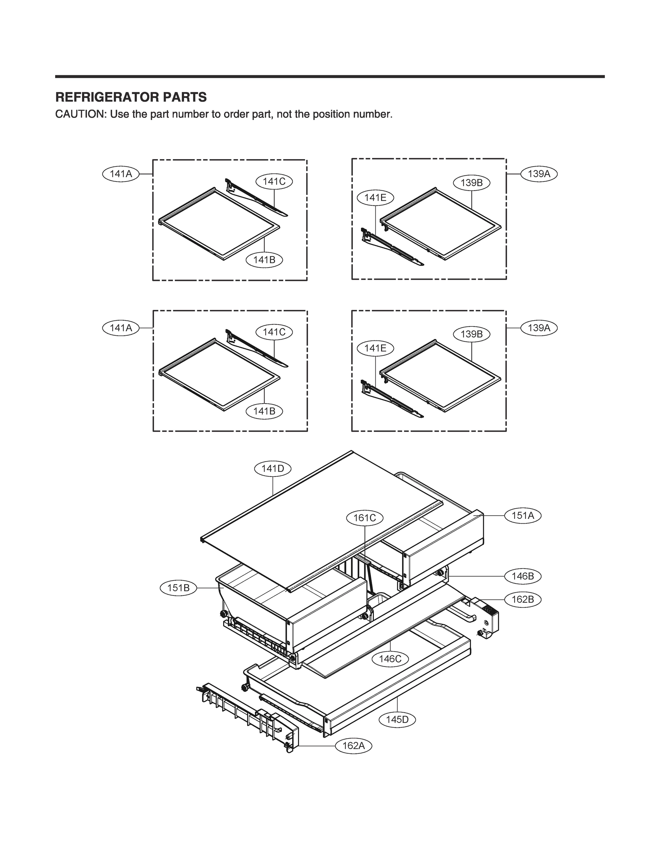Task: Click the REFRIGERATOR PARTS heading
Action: [131, 97]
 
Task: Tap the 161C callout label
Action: [365, 518]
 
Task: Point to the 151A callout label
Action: [522, 515]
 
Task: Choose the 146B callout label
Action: [522, 576]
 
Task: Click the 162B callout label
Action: [522, 599]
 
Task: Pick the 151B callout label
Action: [178, 588]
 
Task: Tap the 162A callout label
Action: [353, 746]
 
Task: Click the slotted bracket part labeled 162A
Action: [244, 715]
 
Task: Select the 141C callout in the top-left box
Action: [274, 182]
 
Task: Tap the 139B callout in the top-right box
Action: [471, 183]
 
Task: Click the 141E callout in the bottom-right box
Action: [375, 348]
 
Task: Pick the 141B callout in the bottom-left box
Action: [264, 411]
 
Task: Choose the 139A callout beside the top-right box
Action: [539, 174]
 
